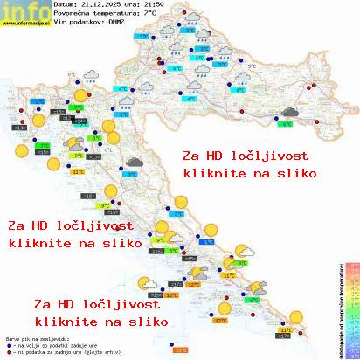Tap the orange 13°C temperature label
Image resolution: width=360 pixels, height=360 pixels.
pos(180,350)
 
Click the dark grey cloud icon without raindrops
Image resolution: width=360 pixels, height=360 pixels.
pos(135,162)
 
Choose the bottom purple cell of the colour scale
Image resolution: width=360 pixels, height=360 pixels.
pos(352,353)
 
